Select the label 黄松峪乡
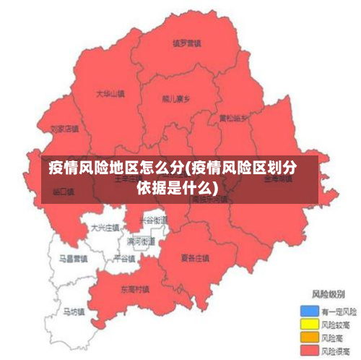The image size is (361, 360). pos(233,117)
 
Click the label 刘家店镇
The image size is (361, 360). pos(64,129)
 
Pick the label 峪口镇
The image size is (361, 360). pos(64,192)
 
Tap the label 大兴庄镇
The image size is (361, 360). pos(105,228)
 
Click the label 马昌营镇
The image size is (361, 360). pos(73,257)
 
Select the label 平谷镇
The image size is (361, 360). pos(124,258)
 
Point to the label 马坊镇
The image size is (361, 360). pos(73,312)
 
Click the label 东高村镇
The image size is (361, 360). pos(135,288)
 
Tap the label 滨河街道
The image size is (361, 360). pos(141,241)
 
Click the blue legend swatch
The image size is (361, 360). pos(308,311)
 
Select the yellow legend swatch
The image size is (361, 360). pos(308,324)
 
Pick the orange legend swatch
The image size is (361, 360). pos(308,337)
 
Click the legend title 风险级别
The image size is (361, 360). pos(328,295)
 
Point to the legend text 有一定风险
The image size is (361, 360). pos(339,311)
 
